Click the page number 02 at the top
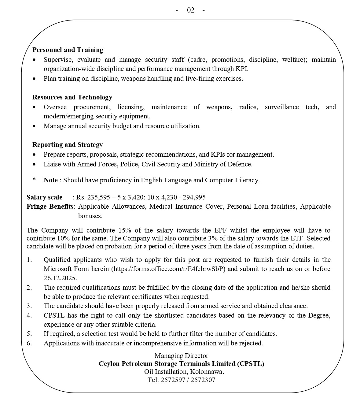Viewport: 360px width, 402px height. pos(190,10)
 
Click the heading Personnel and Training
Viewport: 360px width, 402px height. pos(68,50)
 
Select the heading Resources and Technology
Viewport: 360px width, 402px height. pos(72,97)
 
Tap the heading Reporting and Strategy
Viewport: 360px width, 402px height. pos(68,145)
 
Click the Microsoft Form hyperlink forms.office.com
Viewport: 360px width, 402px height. pos(168,269)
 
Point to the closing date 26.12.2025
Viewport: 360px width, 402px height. pos(60,278)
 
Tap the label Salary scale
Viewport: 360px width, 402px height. pos(44,197)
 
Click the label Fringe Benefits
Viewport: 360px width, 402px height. pos(50,207)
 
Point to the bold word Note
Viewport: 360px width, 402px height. pos(50,180)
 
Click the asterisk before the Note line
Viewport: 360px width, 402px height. pos(34,180)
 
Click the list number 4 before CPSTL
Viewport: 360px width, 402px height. pos(29,315)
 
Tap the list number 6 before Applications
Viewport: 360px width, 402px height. pos(29,343)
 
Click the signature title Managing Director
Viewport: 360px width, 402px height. pos(181,356)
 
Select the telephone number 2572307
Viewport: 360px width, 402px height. pos(203,380)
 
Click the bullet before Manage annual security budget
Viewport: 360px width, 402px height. pos(34,126)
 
